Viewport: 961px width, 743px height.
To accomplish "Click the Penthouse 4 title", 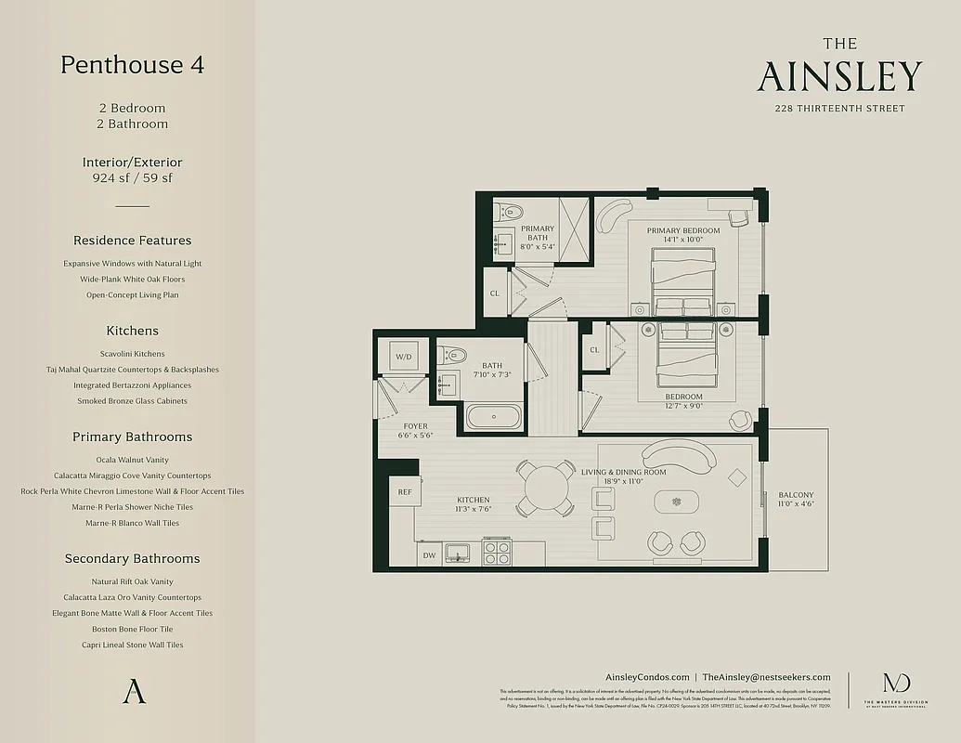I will click(132, 65).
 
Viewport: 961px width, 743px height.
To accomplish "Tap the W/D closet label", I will click(404, 357).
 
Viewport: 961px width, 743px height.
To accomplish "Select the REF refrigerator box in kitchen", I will click(405, 492).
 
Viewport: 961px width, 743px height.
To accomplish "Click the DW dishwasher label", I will click(429, 555).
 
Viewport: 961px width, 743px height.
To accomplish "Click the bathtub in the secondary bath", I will click(494, 416).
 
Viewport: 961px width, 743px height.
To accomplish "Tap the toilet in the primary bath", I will click(508, 211).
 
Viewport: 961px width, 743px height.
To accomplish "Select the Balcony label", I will click(796, 495).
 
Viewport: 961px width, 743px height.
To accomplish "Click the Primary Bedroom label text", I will click(682, 230).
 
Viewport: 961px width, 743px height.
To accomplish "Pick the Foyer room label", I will click(415, 426).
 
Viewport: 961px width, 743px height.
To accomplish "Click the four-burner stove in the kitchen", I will click(497, 554).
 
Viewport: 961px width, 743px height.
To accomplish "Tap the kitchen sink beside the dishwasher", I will click(458, 554).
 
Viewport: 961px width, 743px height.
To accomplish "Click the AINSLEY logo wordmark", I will click(839, 76).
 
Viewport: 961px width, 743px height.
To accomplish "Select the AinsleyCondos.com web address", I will click(646, 678).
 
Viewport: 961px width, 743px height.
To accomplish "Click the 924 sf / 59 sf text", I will click(132, 178).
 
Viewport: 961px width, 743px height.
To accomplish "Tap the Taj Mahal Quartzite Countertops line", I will click(132, 370).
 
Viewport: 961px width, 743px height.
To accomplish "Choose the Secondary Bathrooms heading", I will click(132, 558).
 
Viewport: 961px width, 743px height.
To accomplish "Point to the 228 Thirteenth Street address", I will click(839, 109).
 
